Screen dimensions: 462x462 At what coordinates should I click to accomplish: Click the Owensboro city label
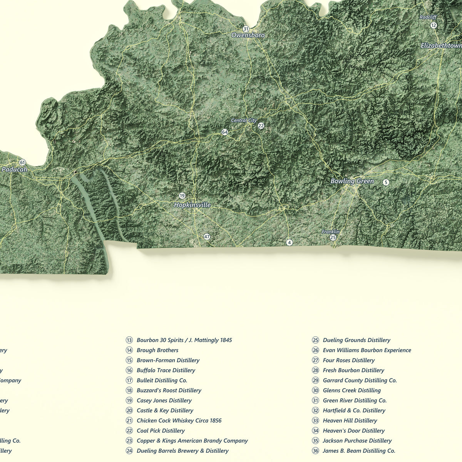(x=248, y=35)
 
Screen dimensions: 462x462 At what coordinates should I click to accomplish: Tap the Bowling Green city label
(x=352, y=181)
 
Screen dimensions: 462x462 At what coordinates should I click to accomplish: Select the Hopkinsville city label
(x=192, y=205)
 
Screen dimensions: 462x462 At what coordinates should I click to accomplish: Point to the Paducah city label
(x=14, y=169)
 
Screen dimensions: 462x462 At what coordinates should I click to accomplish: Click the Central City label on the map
(x=243, y=121)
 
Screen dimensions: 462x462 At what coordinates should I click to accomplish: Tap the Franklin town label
(x=331, y=232)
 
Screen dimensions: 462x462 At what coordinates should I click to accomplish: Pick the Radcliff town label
(x=428, y=17)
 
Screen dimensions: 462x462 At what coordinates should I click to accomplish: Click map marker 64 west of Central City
(x=225, y=132)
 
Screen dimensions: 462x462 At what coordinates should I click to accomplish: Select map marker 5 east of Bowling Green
(x=386, y=182)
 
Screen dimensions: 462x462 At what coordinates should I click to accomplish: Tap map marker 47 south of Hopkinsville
(x=207, y=237)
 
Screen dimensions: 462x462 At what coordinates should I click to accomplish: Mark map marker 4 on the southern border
(x=290, y=243)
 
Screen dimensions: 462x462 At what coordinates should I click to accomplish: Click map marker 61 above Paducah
(x=22, y=162)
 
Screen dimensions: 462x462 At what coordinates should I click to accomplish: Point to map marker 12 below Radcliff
(x=434, y=25)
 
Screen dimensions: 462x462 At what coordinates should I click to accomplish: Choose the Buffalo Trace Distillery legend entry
(x=166, y=370)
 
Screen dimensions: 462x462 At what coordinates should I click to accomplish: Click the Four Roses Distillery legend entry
(x=348, y=360)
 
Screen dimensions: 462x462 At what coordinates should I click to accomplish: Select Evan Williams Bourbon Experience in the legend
(x=367, y=350)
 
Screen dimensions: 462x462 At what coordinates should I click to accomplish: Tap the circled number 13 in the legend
(x=129, y=340)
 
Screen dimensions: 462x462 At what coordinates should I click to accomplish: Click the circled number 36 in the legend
(x=316, y=451)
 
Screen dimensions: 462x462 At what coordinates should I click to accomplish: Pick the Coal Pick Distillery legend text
(x=161, y=431)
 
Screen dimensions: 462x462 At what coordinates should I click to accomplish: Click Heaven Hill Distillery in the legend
(x=350, y=421)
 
